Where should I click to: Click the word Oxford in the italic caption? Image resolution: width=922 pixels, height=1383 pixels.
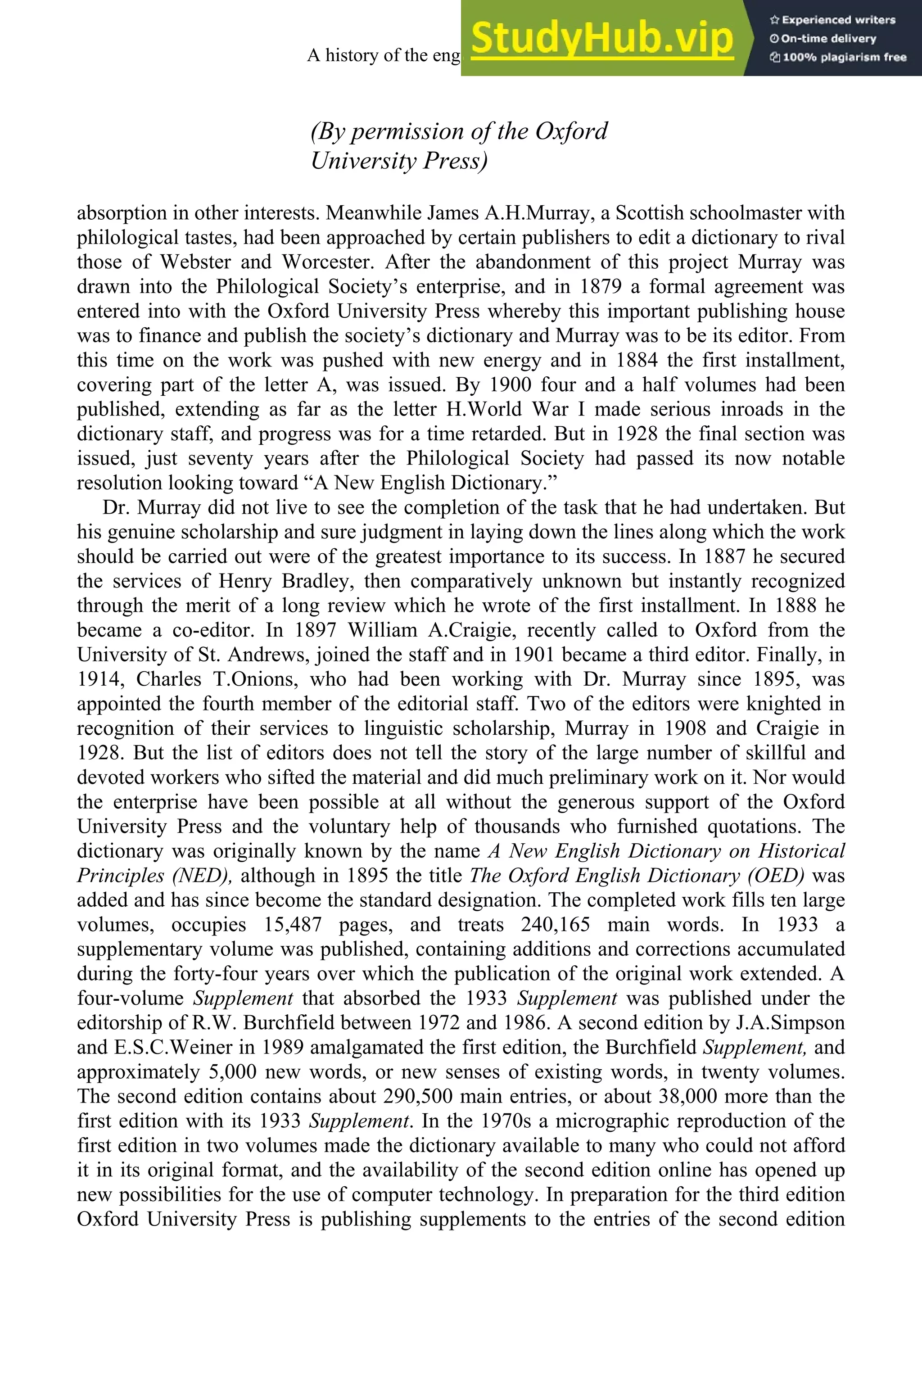click(570, 131)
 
